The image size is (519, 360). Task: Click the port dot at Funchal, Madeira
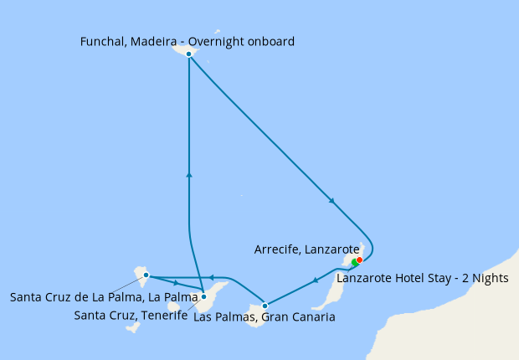pos(189,54)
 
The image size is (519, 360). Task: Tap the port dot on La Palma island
pos(146,275)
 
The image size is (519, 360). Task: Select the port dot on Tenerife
pos(203,296)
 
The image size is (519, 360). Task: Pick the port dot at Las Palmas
pos(265,305)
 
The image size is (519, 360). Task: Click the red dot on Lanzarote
pos(359,260)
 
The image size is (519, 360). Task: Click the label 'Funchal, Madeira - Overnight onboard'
pos(188,40)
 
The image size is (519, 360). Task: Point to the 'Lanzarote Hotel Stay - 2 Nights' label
pos(422,278)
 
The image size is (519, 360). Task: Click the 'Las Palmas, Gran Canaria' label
pos(264,317)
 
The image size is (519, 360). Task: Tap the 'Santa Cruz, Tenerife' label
pos(131,315)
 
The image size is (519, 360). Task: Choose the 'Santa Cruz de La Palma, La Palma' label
pos(103,296)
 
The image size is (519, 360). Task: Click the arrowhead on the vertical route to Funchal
pos(189,175)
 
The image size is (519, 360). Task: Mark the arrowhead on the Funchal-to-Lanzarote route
pos(333,201)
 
